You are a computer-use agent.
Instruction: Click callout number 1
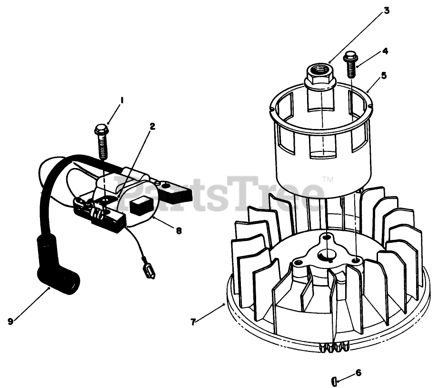tap(122, 100)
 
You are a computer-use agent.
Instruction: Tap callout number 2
tap(152, 126)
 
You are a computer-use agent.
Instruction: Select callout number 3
tap(387, 10)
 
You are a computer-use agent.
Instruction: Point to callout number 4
tap(385, 51)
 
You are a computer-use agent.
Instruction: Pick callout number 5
tap(384, 75)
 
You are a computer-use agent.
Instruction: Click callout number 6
tap(358, 372)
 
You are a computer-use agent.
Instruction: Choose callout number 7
tap(193, 322)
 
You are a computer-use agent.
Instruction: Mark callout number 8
tap(179, 230)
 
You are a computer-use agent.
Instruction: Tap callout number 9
tap(10, 321)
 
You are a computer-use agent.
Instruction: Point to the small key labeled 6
tap(334, 379)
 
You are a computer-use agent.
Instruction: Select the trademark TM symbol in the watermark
tap(328, 179)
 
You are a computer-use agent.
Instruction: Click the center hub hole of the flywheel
tap(327, 253)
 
